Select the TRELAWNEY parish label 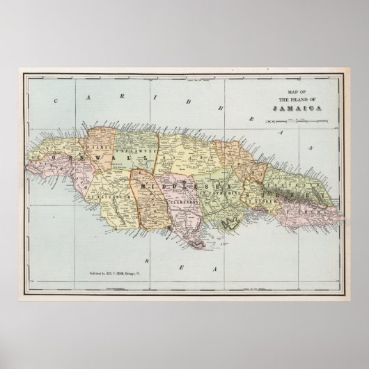[x=128, y=148]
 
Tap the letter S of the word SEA [x=145, y=260]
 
